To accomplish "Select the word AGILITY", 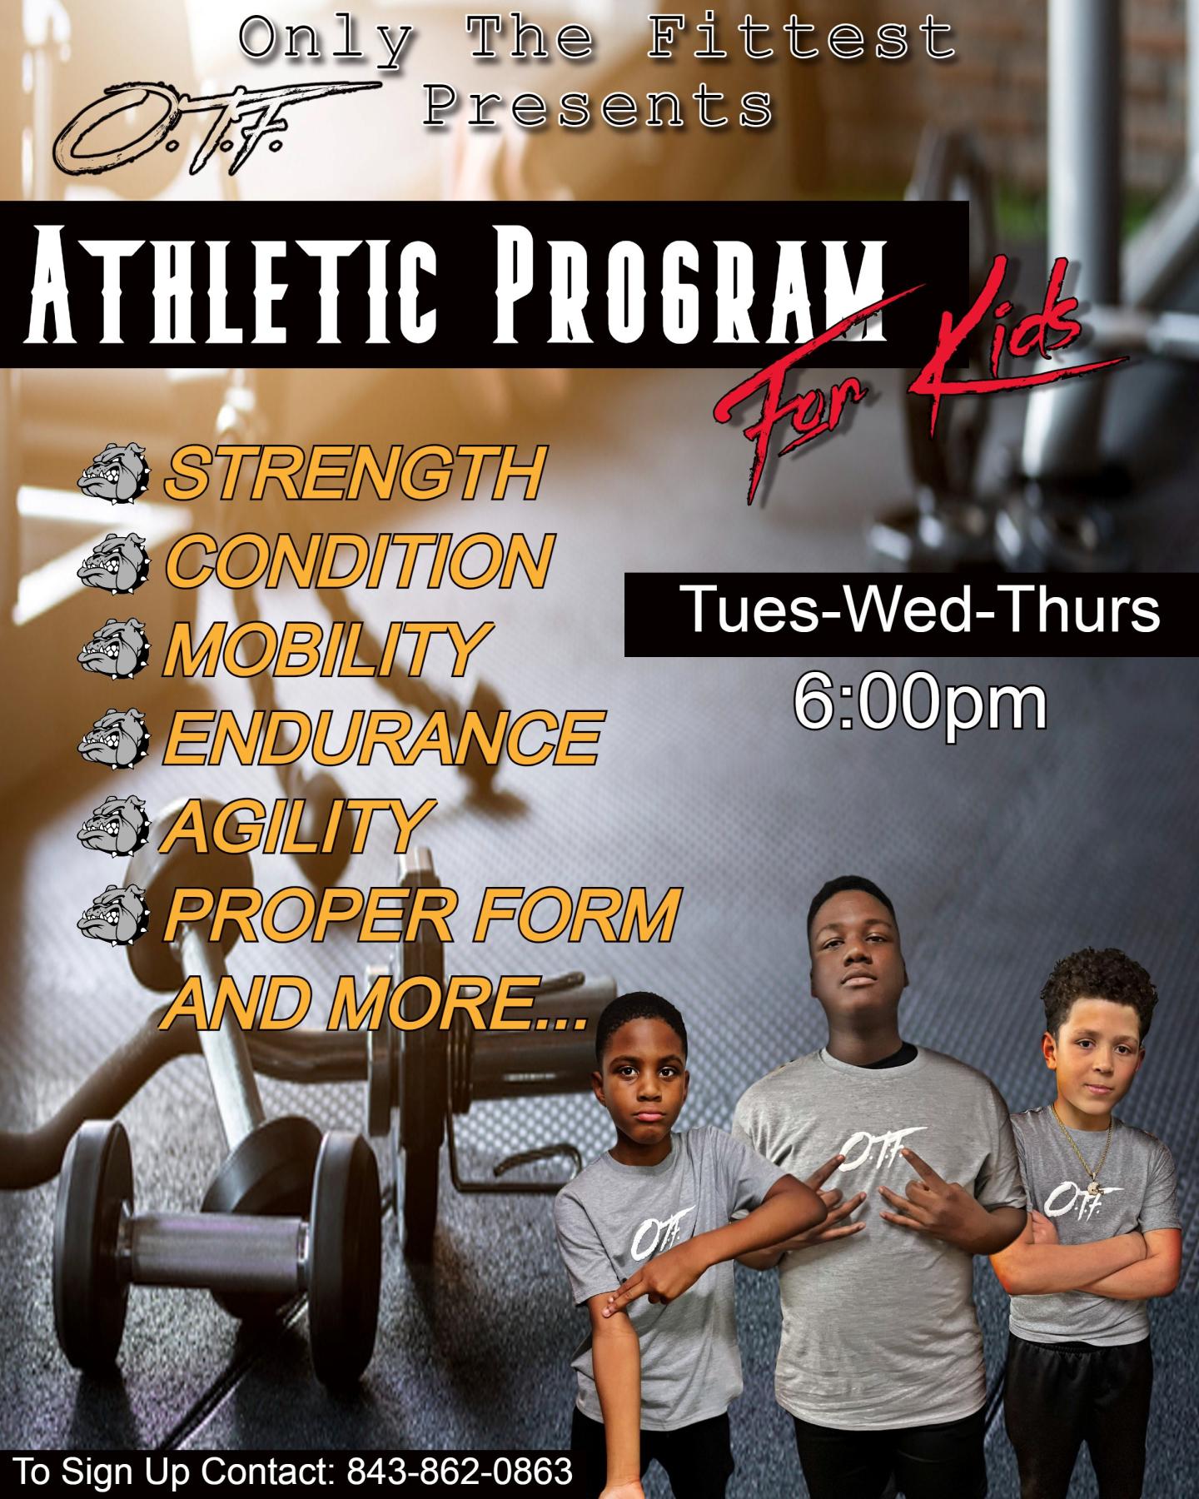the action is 298,824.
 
